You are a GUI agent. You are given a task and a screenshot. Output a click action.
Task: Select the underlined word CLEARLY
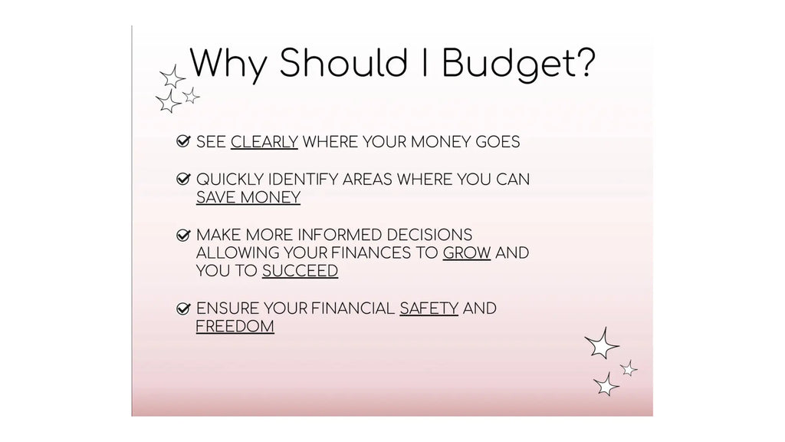[264, 142]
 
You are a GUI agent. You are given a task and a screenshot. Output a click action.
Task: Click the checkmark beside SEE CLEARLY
[183, 141]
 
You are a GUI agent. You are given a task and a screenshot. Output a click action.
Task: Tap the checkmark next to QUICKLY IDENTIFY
[183, 179]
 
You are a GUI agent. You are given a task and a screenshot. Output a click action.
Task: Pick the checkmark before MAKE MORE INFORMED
[183, 235]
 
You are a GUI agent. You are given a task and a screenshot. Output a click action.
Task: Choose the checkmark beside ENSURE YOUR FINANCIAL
[183, 308]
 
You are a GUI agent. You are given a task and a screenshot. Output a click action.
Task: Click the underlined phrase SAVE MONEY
[248, 197]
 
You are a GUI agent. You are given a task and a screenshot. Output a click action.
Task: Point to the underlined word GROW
[467, 252]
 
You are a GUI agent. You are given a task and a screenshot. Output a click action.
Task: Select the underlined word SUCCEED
[300, 271]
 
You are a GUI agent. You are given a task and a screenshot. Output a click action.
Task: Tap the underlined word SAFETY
[429, 308]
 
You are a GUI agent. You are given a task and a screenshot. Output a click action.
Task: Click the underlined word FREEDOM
[235, 327]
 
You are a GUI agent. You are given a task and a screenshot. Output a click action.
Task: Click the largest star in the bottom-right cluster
[602, 344]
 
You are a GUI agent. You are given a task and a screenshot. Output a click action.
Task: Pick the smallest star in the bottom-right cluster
[629, 368]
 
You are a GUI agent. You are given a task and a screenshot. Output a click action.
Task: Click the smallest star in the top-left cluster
[191, 96]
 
